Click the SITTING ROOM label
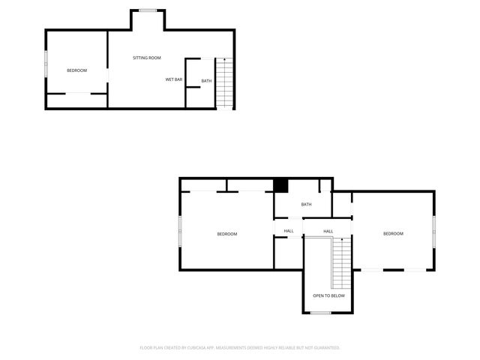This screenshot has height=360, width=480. point(147,58)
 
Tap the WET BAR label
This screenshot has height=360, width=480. point(174,79)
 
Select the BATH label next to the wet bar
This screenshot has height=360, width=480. point(206,81)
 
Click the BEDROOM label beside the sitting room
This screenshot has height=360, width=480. point(76,70)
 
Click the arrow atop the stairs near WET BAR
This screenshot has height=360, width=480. point(225,59)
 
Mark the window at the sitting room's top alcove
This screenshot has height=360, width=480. point(148,10)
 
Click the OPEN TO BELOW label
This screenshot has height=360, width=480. point(328,295)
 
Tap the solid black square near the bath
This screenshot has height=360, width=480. point(280,185)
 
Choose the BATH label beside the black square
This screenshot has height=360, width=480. point(306,204)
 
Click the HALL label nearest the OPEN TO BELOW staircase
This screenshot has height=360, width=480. point(328,231)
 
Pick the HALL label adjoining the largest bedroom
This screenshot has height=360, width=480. point(289,231)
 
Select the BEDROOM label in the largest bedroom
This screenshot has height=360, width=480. point(227,234)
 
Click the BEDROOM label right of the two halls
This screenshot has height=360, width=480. point(393,233)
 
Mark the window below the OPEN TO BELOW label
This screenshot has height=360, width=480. point(321,313)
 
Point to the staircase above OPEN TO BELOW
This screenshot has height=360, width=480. point(341,259)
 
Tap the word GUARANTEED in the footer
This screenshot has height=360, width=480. point(324,348)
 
